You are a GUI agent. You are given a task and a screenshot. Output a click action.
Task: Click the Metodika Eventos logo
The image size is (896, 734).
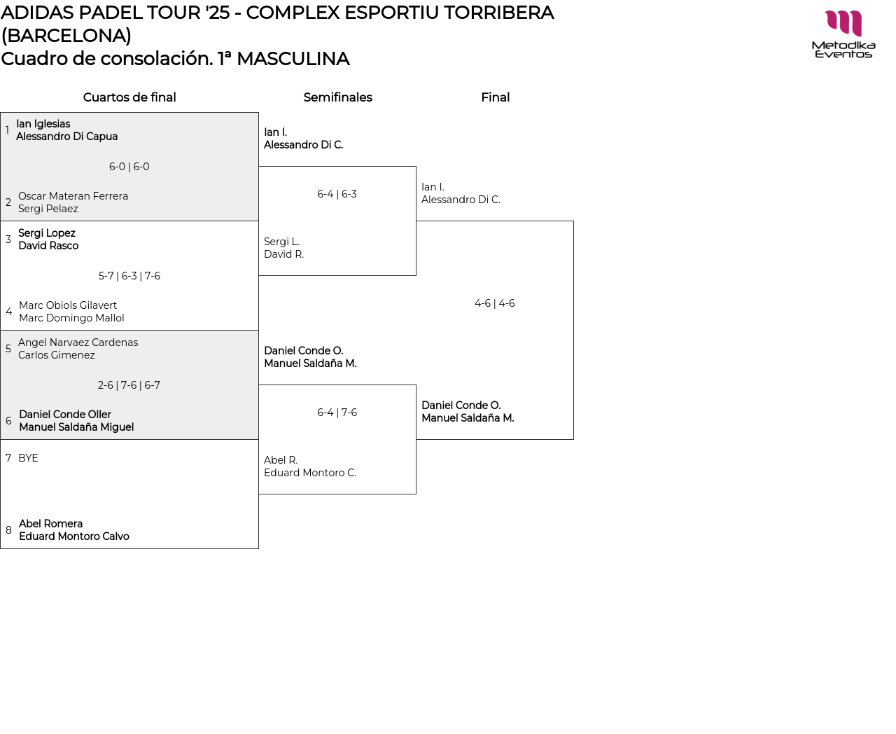click(843, 34)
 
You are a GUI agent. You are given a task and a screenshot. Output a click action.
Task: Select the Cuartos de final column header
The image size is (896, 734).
click(129, 97)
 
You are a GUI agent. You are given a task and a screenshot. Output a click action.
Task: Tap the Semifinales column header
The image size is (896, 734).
click(337, 97)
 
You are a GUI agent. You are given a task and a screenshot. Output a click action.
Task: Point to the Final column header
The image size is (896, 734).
click(495, 97)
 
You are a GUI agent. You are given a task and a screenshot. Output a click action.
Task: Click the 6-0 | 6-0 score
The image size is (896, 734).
click(129, 167)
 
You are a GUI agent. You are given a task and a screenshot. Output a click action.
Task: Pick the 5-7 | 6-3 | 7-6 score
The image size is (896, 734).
click(129, 276)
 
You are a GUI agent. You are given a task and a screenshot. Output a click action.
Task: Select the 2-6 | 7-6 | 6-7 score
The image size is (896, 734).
click(129, 385)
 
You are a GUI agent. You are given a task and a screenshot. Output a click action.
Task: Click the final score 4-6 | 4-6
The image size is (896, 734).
click(494, 303)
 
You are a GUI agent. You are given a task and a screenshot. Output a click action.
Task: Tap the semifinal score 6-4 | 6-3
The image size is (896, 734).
click(337, 194)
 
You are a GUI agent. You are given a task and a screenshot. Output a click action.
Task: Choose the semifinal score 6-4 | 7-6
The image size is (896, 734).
click(337, 413)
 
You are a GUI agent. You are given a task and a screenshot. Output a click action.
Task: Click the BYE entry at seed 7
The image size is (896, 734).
click(28, 458)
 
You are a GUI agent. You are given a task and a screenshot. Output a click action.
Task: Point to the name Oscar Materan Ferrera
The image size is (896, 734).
click(73, 196)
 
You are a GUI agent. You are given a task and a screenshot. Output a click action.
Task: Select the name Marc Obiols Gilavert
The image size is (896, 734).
click(68, 305)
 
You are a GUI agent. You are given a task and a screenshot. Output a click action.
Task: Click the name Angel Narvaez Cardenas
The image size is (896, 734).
click(78, 342)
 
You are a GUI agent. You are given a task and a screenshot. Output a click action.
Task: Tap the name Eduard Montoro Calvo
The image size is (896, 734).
click(74, 536)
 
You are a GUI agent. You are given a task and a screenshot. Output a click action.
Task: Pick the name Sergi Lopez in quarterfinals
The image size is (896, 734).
click(47, 233)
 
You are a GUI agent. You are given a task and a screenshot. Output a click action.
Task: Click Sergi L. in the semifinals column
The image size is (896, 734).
click(281, 242)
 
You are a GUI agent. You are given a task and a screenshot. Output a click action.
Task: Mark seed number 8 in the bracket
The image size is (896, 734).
click(8, 530)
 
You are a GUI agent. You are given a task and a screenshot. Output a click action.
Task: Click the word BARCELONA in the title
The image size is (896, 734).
click(66, 36)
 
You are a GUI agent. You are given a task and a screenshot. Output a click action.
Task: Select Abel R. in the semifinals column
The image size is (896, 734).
click(281, 460)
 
